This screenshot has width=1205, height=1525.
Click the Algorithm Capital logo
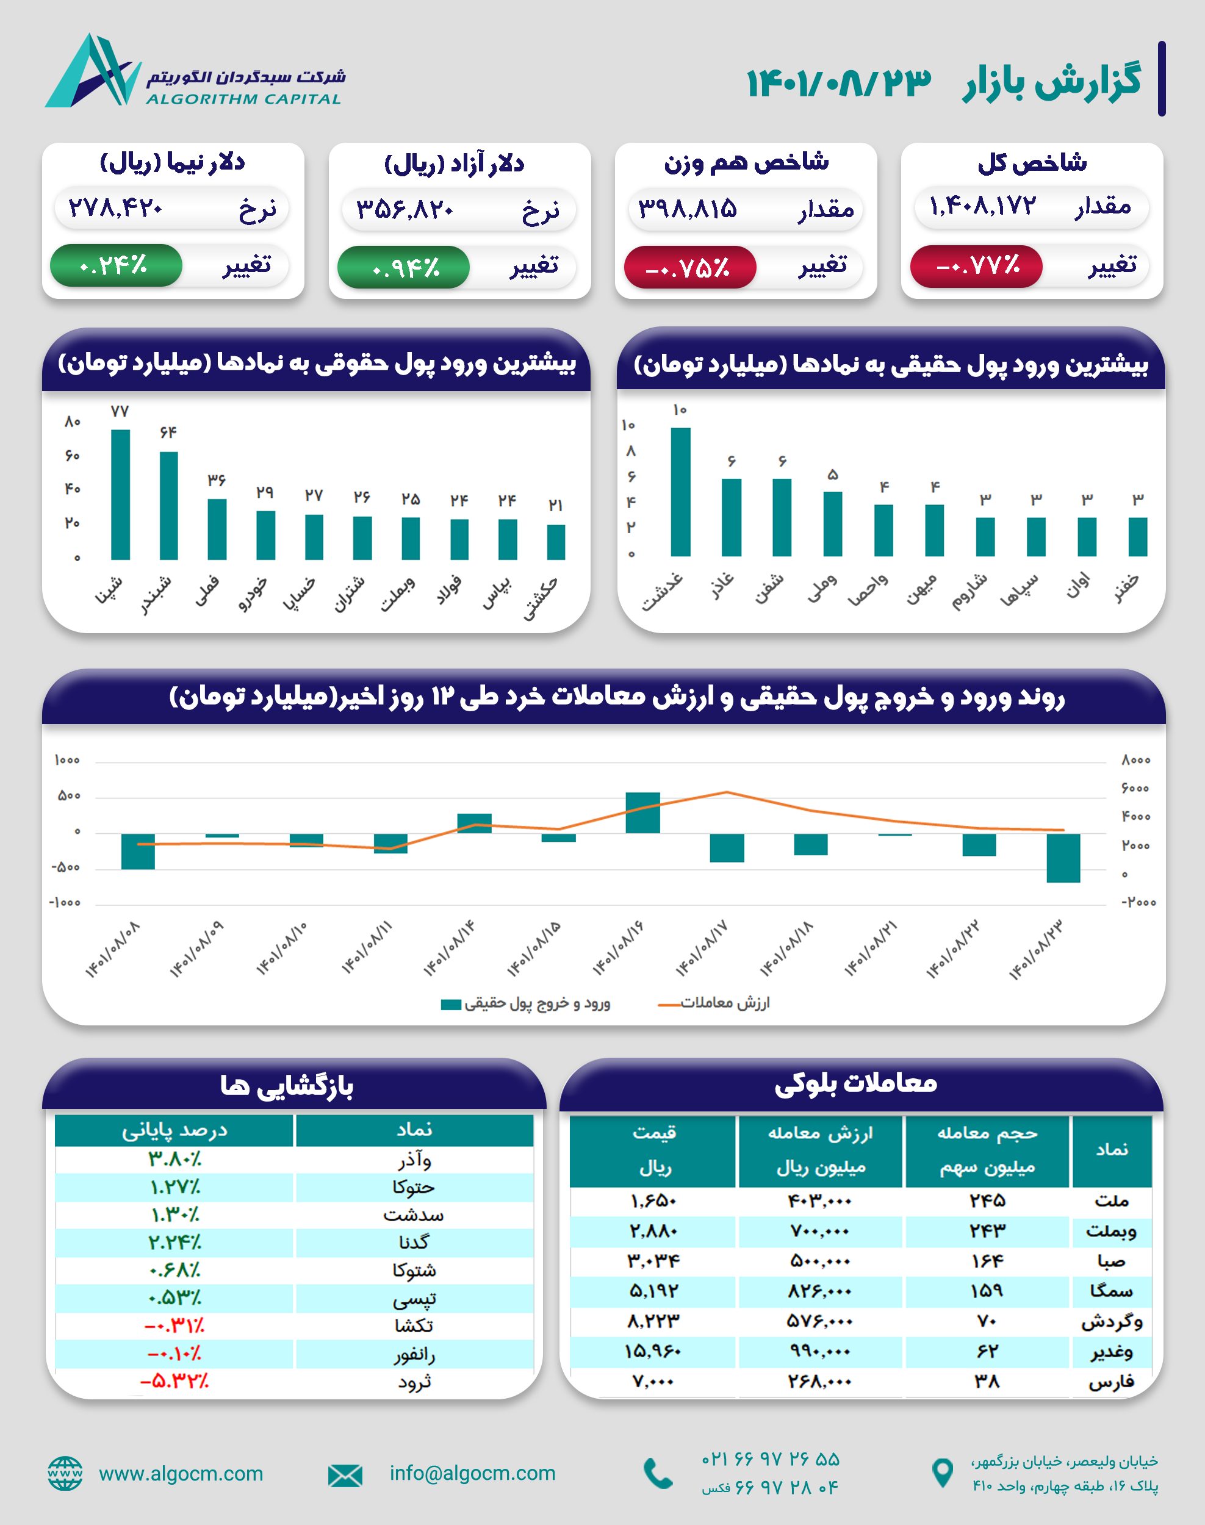pyautogui.click(x=95, y=71)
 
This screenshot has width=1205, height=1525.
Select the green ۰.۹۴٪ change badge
pyautogui.click(x=403, y=267)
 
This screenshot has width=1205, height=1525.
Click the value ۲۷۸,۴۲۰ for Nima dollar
pyautogui.click(x=116, y=208)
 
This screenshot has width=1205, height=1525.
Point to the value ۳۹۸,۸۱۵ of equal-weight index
pyautogui.click(x=687, y=209)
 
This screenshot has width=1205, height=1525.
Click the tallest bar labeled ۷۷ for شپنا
pyautogui.click(x=121, y=493)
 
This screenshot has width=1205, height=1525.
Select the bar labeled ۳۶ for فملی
pyautogui.click(x=217, y=529)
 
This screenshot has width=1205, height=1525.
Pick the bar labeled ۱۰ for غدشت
pyautogui.click(x=680, y=492)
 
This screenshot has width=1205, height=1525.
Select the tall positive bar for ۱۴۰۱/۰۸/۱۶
pyautogui.click(x=642, y=812)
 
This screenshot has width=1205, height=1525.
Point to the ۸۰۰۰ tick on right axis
pyautogui.click(x=1135, y=759)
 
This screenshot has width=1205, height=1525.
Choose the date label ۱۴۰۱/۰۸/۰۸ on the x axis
pyautogui.click(x=113, y=949)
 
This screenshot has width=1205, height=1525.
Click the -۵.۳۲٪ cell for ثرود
pyautogui.click(x=174, y=1381)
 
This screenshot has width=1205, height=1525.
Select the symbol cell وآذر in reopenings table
pyautogui.click(x=414, y=1160)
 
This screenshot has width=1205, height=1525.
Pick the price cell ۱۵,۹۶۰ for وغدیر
pyautogui.click(x=653, y=1351)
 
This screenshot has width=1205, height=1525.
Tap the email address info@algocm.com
pyautogui.click(x=472, y=1473)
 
